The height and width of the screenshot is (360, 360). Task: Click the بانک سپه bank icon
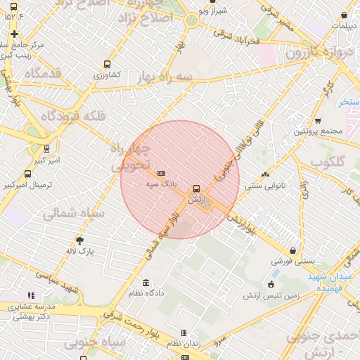(161, 173)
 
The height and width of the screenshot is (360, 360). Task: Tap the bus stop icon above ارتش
(196, 188)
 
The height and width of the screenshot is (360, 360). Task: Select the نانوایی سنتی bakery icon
(265, 175)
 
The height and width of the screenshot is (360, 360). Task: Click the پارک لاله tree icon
(79, 240)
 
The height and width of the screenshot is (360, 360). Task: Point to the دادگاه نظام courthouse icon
(145, 283)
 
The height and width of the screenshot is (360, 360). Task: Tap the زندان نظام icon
(184, 333)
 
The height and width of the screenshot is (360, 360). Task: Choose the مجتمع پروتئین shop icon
(317, 120)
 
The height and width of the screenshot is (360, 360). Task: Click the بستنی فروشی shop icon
(292, 250)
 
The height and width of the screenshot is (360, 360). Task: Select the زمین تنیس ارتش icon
(271, 284)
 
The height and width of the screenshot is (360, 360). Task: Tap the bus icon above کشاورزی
(107, 63)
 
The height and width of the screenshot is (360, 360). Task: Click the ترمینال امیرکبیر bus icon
(27, 174)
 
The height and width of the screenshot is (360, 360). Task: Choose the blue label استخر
(347, 102)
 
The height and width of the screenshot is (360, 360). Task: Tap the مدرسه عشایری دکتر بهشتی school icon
(30, 296)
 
